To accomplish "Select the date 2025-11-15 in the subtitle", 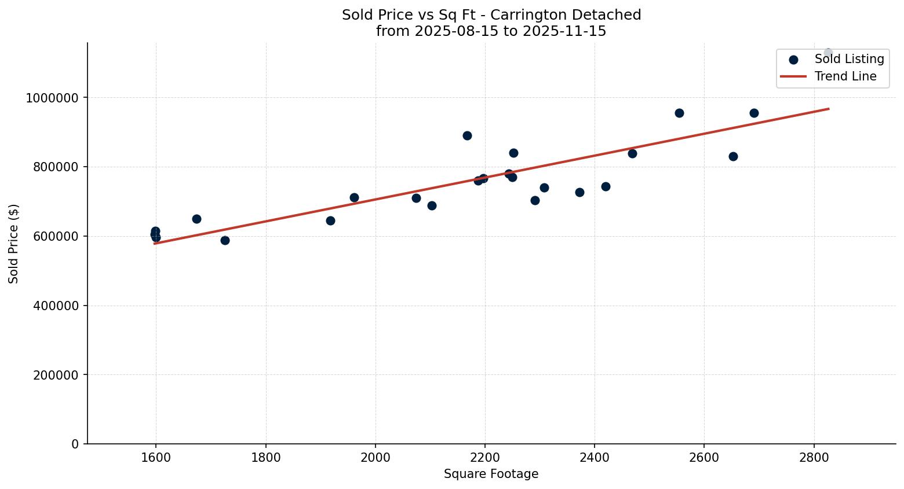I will [564, 31].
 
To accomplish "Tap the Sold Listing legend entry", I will [849, 59].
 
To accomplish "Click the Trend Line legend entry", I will [845, 76].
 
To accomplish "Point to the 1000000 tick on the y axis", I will [52, 98].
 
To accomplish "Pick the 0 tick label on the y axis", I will [75, 444].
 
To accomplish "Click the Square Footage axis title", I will [491, 475].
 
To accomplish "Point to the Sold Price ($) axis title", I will [14, 244].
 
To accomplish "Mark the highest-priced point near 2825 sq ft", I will [828, 53].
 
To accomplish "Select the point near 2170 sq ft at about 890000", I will [467, 135].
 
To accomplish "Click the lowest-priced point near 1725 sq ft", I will [225, 240].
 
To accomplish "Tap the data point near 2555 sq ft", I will [679, 113].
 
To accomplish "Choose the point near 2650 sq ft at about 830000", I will [733, 156].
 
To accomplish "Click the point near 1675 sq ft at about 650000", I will [196, 219].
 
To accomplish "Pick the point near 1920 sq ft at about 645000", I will [330, 220].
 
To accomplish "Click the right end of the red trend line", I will [828, 109].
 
